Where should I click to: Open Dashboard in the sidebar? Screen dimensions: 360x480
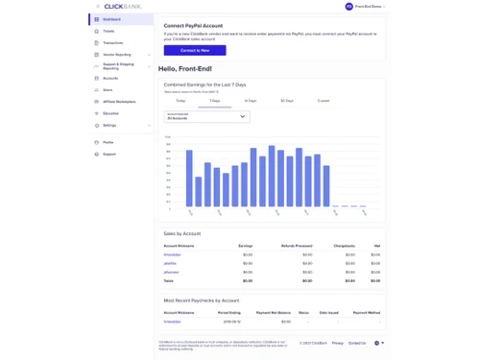point(111,19)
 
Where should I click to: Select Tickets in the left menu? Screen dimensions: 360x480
point(108,31)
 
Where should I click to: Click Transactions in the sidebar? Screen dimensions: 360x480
point(112,43)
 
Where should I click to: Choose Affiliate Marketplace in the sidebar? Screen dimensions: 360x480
point(119,101)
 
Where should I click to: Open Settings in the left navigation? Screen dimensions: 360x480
point(109,125)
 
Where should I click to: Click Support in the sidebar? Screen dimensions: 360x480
point(109,154)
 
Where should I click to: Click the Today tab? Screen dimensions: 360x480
point(180,100)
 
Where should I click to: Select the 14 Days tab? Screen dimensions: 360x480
point(250,100)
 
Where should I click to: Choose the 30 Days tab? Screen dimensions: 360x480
point(286,100)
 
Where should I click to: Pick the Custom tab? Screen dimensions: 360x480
point(323,100)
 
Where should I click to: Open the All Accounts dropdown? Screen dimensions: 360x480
point(206,116)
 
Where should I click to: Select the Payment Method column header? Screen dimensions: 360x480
point(366,313)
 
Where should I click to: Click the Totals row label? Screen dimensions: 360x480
point(169,280)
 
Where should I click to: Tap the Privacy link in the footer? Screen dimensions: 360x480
point(337,343)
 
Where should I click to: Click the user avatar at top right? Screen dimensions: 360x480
point(348,7)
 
